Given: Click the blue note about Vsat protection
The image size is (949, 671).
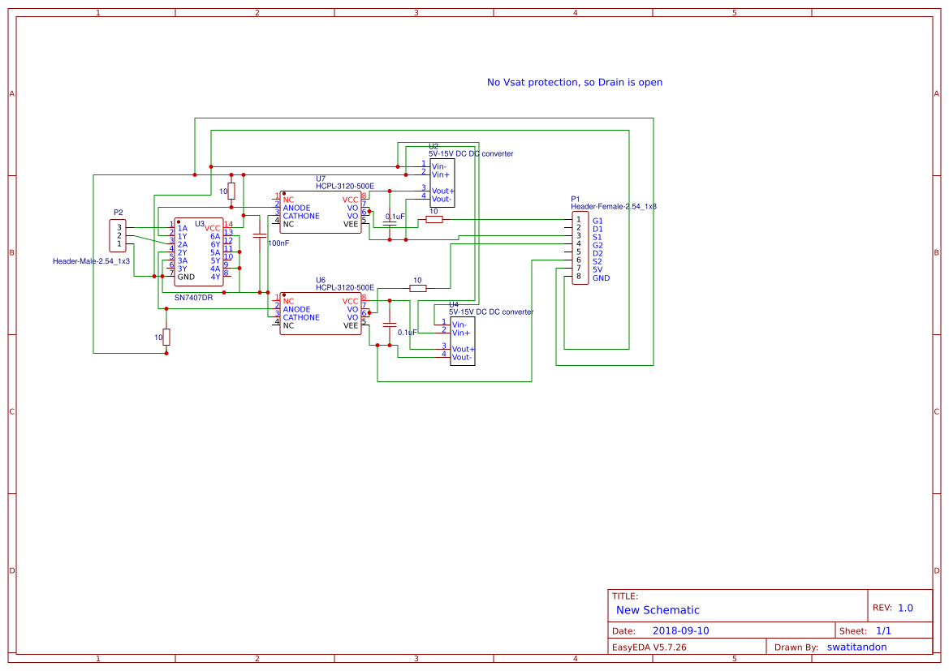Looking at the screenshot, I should point(574,83).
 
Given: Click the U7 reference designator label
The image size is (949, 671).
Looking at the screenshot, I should point(321,179).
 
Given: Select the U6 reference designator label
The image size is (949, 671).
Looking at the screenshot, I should point(321,280).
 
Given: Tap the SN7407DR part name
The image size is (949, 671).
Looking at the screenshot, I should point(193,298).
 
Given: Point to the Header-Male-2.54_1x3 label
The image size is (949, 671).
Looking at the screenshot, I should point(91,261).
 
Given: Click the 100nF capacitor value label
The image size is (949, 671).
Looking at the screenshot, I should point(278,243).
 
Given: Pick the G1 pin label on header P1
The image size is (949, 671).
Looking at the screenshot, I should point(597,221).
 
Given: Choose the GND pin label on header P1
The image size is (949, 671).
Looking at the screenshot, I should point(601,278).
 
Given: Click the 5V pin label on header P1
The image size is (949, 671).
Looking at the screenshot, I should point(597,269).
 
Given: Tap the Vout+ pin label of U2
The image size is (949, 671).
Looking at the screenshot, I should point(442,191).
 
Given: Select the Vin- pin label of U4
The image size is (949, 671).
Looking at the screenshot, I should point(460,325).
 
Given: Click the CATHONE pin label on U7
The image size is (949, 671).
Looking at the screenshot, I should point(301,216).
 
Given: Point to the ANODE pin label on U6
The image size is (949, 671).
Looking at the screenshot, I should point(296,309).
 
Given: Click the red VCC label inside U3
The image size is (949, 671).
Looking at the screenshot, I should point(212,228).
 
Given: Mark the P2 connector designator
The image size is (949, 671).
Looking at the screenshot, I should point(119,213).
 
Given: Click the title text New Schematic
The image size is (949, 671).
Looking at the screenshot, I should point(658,610).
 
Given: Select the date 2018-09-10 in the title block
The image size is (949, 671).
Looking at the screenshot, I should point(680,630).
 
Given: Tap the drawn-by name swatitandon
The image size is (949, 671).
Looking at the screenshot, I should point(856,647).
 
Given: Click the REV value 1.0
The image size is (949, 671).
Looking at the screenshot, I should point(905,608).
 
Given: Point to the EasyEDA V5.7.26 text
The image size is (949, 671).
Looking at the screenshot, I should point(649,647).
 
